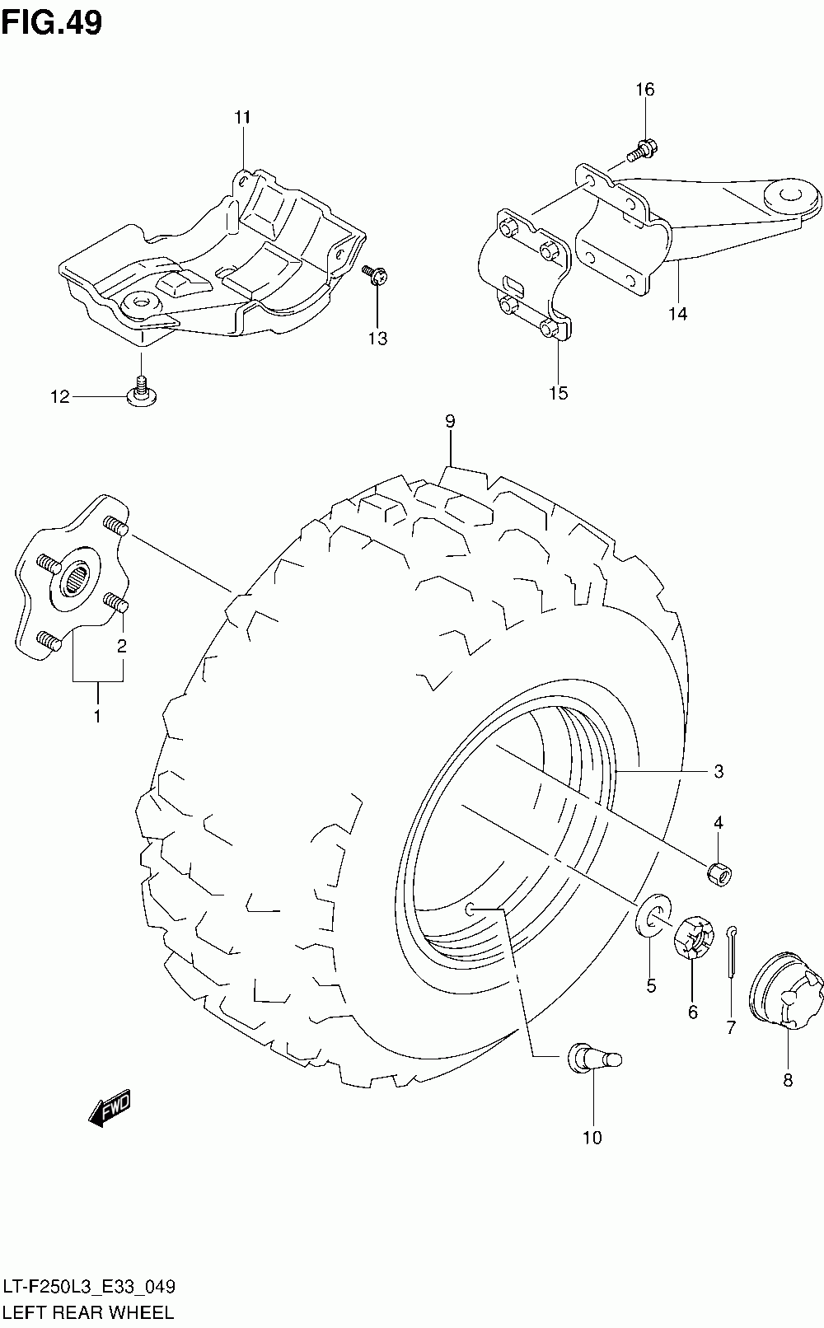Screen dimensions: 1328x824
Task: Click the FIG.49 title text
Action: [52, 23]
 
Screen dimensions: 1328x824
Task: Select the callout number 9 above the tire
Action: [450, 422]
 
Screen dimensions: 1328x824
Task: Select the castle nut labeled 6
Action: [693, 939]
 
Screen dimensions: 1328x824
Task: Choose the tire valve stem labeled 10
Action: [592, 1058]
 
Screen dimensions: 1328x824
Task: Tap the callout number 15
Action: [558, 393]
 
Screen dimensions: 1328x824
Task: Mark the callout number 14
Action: [678, 314]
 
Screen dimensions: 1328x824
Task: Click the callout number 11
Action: [241, 118]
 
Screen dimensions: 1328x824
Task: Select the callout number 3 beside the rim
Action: [719, 772]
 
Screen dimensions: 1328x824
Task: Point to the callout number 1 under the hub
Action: [96, 716]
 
